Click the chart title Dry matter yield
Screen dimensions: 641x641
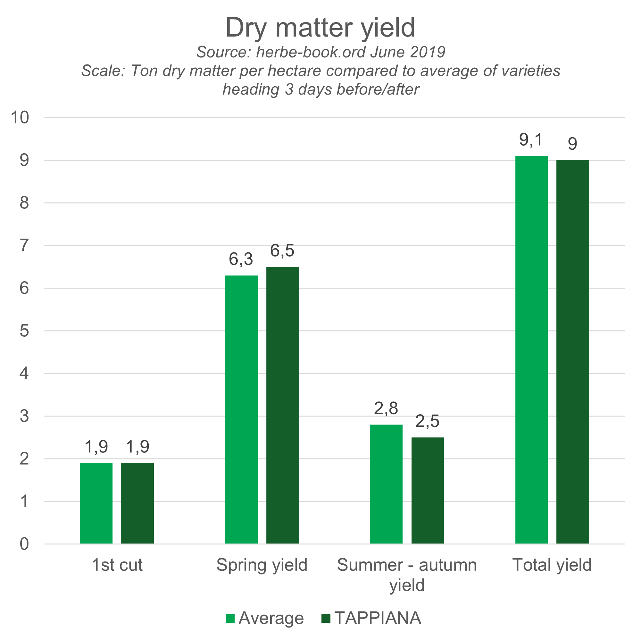pos(320,28)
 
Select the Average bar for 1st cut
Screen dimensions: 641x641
pos(96,503)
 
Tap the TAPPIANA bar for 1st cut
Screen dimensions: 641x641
pos(137,503)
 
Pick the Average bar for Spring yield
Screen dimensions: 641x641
pos(241,409)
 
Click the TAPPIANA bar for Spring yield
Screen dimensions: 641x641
pos(283,405)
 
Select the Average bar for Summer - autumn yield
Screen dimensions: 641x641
pos(386,484)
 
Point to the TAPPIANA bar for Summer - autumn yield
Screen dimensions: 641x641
pos(428,490)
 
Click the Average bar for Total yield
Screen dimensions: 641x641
pos(531,350)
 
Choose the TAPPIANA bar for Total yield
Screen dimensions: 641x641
pos(573,352)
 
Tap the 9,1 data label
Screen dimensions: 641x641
pos(531,140)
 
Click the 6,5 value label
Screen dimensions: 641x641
pos(282,251)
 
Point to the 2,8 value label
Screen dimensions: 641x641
pos(386,408)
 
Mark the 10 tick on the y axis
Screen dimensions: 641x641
pos(20,117)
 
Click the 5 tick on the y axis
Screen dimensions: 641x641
pos(24,331)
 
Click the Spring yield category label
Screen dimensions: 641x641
pos(262,565)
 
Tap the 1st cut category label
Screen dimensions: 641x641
pos(117,565)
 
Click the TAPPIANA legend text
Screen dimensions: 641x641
pos(378,618)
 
